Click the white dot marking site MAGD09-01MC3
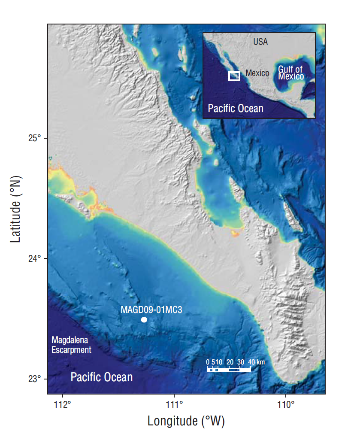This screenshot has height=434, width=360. pos(144,320)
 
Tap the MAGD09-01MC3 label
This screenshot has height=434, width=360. pos(152,310)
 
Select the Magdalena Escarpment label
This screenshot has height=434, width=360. pos(71,345)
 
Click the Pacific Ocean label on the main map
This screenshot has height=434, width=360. pos(102,377)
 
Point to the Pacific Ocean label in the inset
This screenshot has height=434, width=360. pos(236,108)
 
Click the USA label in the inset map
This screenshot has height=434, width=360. pos(260,42)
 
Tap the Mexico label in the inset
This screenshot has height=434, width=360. pos(257,73)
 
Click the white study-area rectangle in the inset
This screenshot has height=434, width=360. pos(234,76)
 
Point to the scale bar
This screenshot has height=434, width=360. pos(229,369)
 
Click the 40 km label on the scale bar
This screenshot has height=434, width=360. pos(257,362)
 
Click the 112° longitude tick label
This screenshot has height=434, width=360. pos(63,404)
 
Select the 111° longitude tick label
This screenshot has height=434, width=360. pos(175,404)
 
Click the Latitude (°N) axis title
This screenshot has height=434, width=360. pos(16,209)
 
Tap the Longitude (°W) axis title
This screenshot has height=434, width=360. pos(186,421)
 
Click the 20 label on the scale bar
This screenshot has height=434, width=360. pos(230,362)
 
